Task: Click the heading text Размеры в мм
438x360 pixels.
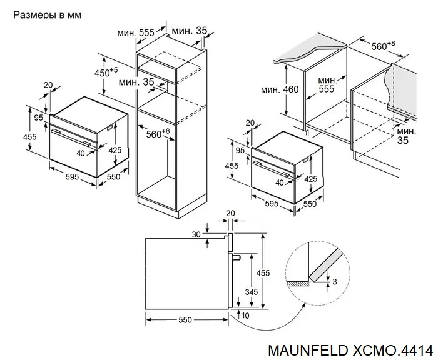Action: click(x=46, y=13)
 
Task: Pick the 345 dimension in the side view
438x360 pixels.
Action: click(x=251, y=291)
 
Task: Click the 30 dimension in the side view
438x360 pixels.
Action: click(x=196, y=234)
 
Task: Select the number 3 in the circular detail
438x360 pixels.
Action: click(x=335, y=282)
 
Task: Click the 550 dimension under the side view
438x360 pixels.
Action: click(x=184, y=320)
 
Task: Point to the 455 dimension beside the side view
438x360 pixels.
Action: click(x=266, y=272)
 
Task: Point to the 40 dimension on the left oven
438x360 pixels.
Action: click(x=81, y=152)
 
